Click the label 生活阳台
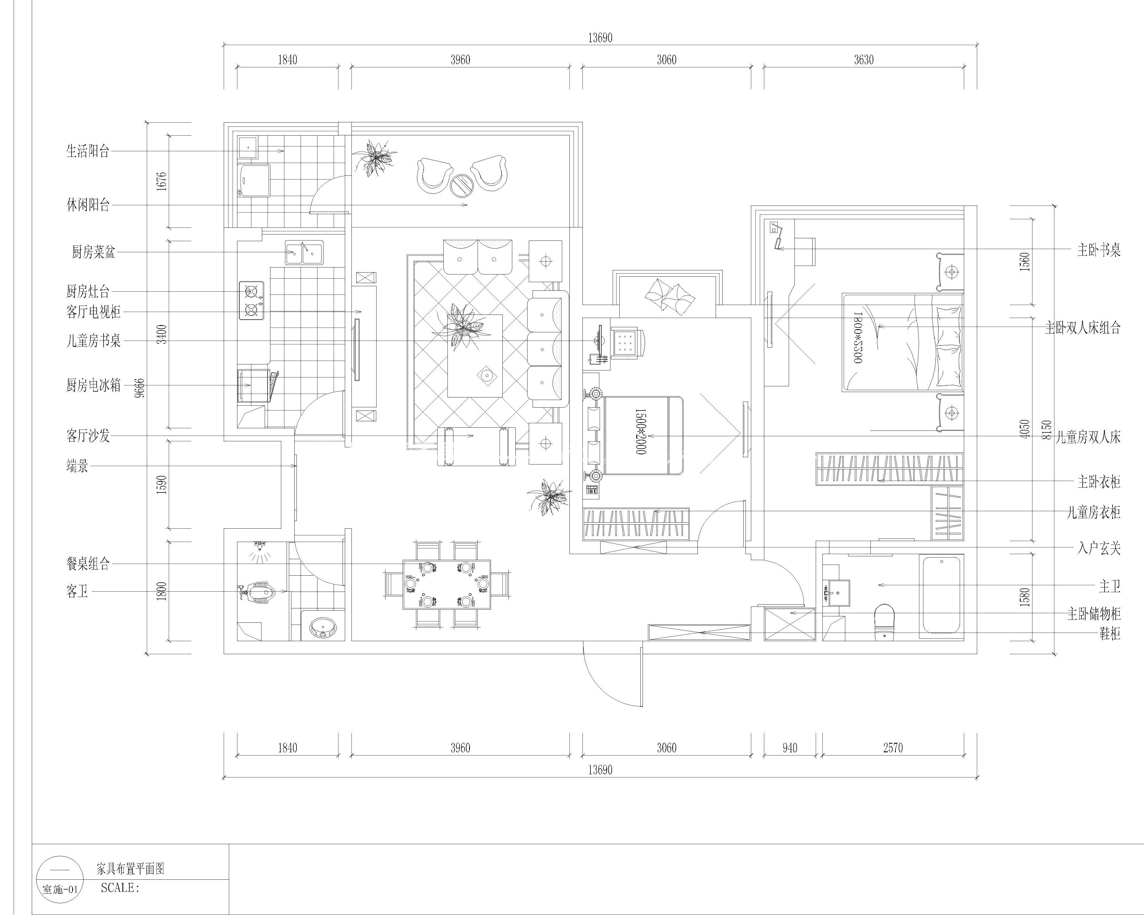[x=88, y=152]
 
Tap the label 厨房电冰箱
[x=93, y=386]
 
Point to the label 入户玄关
[x=1099, y=548]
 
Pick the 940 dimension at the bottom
[x=790, y=748]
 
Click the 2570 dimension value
[x=893, y=748]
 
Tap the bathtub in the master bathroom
[x=941, y=595]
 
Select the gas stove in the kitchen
[x=251, y=300]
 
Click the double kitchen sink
[x=304, y=253]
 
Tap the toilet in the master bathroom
[x=884, y=621]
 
